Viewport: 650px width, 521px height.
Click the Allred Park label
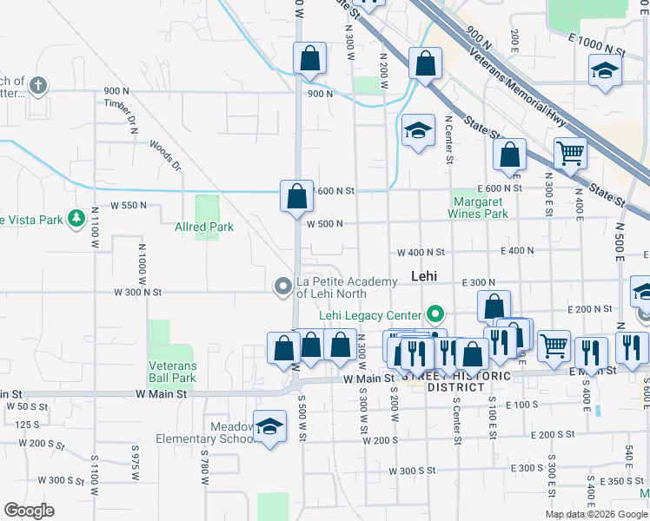pos(203,228)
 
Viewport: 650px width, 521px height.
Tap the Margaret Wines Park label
pos(478,208)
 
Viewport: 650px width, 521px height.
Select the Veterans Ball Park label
pos(172,372)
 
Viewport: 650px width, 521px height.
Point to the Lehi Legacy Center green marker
pos(435,314)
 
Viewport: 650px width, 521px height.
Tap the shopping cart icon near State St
pos(571,155)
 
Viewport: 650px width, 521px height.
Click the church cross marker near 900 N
pos(37,85)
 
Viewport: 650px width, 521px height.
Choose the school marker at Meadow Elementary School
pos(270,427)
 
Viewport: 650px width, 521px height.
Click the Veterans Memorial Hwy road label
pos(521,71)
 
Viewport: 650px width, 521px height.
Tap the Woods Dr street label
pos(164,154)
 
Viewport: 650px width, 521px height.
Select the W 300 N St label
pos(137,293)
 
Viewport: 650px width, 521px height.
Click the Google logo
pos(29,511)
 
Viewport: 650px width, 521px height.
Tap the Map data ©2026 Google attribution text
pos(596,514)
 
